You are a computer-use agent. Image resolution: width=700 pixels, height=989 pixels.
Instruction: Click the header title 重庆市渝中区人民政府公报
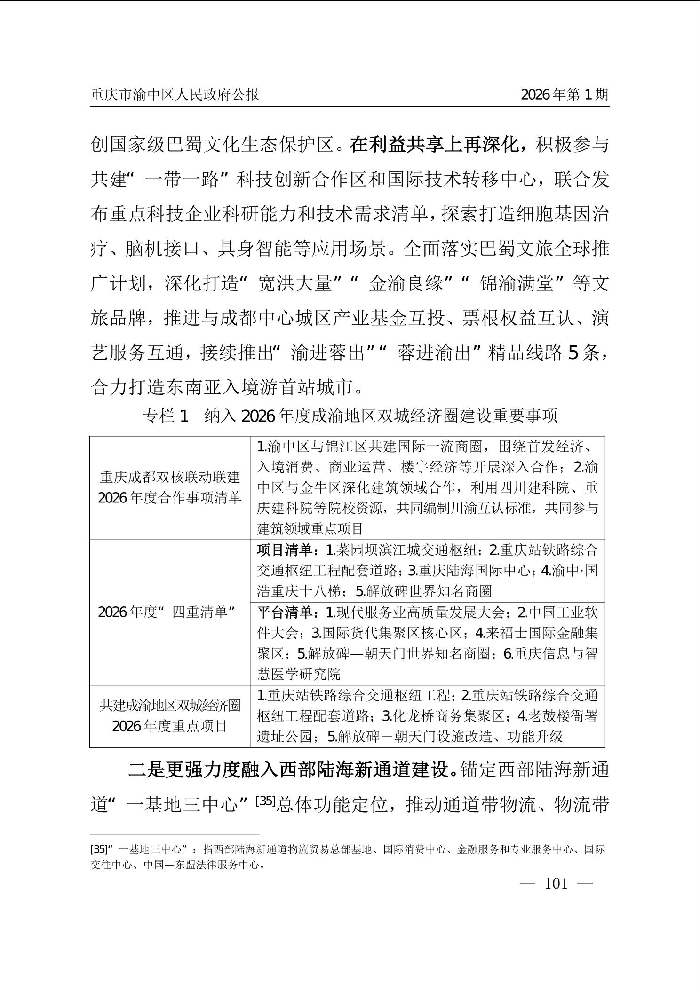pyautogui.click(x=175, y=95)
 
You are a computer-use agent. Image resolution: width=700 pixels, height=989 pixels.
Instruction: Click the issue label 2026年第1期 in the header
pyautogui.click(x=565, y=95)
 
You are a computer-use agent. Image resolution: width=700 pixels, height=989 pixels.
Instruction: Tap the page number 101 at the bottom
pyautogui.click(x=556, y=884)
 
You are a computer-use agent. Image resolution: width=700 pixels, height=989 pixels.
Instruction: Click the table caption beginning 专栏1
pyautogui.click(x=350, y=416)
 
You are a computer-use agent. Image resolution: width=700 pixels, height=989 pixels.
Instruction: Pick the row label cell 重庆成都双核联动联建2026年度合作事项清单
pyautogui.click(x=170, y=487)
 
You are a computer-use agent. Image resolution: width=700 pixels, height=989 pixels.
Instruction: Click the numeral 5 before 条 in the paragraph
pyautogui.click(x=573, y=353)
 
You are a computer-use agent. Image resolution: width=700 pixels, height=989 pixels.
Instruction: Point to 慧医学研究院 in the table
pyautogui.click(x=299, y=674)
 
